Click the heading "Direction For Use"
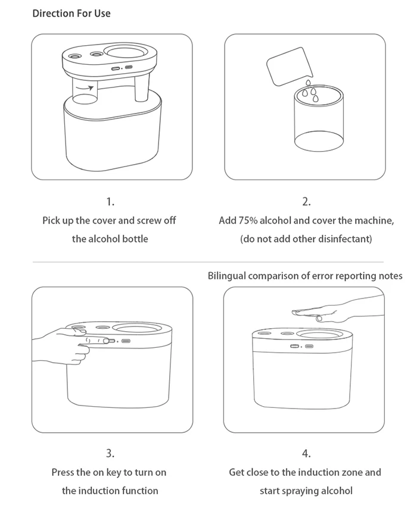71,13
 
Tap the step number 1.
110,202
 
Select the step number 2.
306,202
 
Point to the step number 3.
110,454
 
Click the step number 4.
306,454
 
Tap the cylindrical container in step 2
319,122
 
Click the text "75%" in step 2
247,221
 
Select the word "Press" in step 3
63,473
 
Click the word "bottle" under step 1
134,239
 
